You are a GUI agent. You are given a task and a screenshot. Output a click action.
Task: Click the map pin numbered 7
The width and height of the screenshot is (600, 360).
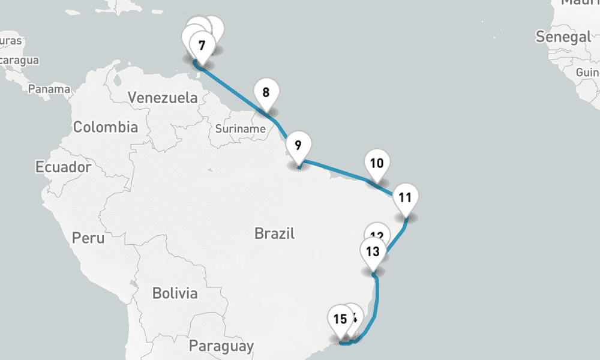coord(202,45)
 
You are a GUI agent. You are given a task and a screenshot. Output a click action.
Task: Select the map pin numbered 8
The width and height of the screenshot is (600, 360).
coord(266,93)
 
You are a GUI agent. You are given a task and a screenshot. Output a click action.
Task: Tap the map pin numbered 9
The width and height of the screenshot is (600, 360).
coord(298,146)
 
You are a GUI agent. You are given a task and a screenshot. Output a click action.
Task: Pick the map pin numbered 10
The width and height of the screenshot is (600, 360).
coord(377,163)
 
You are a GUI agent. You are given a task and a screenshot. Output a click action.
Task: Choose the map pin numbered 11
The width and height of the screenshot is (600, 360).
coord(405,198)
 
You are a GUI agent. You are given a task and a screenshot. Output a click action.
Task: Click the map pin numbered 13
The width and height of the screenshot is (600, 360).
coord(373,251)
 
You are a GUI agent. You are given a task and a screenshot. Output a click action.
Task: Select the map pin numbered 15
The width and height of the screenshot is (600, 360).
coord(340,319)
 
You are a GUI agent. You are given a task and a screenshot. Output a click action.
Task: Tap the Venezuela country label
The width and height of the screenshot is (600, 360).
coord(163,98)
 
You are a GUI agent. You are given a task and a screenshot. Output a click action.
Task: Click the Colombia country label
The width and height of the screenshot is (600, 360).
coord(105,127)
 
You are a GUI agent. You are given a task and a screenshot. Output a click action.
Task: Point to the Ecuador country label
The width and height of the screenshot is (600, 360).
coord(63,167)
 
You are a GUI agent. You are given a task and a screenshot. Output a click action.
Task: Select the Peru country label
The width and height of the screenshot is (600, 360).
coord(88,238)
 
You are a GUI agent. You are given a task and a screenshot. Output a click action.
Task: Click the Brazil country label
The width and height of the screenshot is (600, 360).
coord(274,233)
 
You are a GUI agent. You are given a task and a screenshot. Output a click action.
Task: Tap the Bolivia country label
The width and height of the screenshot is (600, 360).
coord(175,293)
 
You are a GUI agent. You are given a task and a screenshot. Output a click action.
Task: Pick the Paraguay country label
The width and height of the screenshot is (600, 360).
coord(221,346)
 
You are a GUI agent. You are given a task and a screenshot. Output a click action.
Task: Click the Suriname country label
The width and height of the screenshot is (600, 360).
coord(241,129)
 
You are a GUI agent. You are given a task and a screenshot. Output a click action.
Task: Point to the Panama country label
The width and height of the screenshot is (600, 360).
coord(49,89)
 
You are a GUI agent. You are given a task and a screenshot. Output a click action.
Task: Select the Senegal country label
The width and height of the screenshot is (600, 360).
coord(563,37)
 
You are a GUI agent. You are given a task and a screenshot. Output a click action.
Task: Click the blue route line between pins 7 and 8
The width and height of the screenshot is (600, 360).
coord(234,90)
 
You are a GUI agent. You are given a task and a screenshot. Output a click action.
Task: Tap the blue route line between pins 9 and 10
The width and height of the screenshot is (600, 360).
coord(336,170)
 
